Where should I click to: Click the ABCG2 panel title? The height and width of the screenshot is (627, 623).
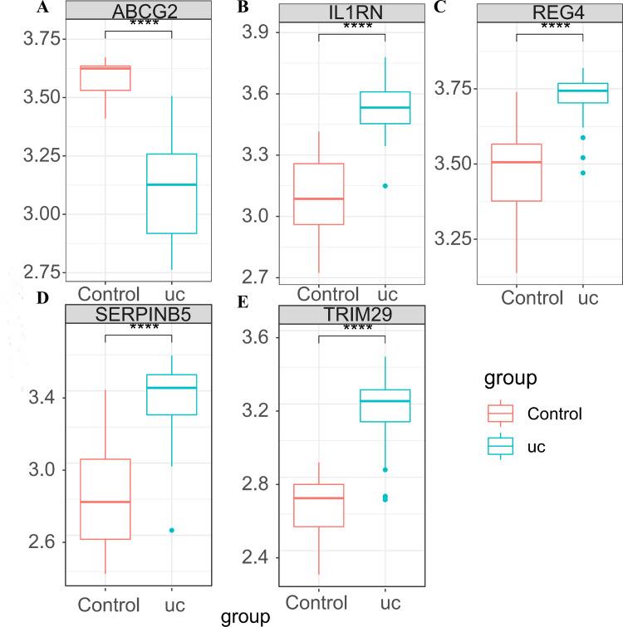138,11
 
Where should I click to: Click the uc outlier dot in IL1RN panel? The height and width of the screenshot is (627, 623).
385,186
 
